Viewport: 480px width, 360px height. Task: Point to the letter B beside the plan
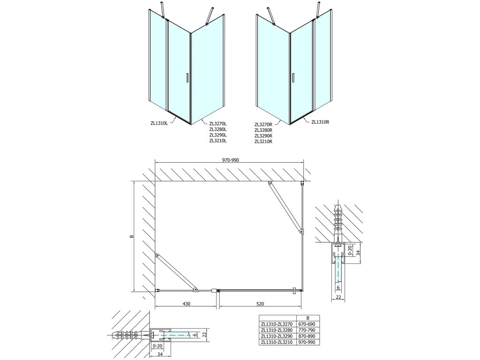[x=132, y=236]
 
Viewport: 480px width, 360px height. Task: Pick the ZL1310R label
[x=321, y=123]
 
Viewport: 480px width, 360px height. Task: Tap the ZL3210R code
[x=263, y=141]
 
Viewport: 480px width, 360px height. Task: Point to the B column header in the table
[x=307, y=317]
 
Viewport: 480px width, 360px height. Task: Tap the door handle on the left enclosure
[x=187, y=78]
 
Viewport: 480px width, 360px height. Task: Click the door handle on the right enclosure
[x=293, y=78]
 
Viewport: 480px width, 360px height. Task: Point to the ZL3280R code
[x=263, y=130]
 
